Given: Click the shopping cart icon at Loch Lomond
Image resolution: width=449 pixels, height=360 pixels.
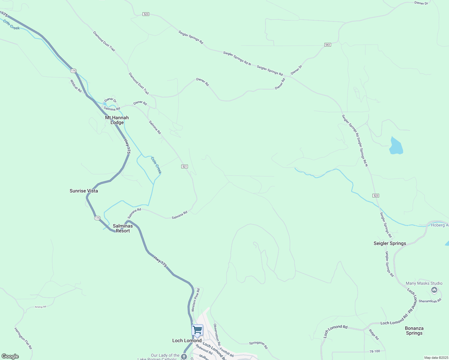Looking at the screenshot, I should [x=197, y=330].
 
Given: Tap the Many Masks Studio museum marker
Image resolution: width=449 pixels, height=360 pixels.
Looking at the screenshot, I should [x=434, y=290].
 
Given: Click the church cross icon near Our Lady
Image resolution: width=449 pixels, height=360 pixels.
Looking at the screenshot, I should [x=184, y=356].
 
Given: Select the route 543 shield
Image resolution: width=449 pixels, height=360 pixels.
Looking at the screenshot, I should [x=327, y=45].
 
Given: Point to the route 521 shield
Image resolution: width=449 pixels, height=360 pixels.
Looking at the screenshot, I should [x=185, y=166].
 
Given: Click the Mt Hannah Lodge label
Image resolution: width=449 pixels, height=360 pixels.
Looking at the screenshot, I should [x=117, y=120].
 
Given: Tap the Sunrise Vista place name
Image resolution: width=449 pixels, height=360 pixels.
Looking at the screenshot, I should [x=84, y=191].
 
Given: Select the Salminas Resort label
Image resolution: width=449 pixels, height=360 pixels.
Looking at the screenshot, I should [x=123, y=228].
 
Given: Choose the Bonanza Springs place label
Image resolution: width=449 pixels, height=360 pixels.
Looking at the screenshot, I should [x=414, y=331].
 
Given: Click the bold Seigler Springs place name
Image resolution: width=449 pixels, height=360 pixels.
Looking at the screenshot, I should [x=390, y=243].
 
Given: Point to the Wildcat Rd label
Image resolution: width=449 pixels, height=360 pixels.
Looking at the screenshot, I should [x=76, y=86].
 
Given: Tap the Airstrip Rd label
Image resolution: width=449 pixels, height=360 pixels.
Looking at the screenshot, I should [x=40, y=307].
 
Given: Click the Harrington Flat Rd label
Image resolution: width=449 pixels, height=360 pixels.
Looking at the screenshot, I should [x=23, y=338].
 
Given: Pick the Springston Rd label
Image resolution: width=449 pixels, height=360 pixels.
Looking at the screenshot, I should [x=258, y=345].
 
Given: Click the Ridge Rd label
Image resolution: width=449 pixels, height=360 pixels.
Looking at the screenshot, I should [x=374, y=334].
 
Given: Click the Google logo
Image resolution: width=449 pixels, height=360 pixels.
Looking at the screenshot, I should [x=10, y=356].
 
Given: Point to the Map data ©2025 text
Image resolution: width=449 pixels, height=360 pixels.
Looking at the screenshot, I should [x=436, y=358].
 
